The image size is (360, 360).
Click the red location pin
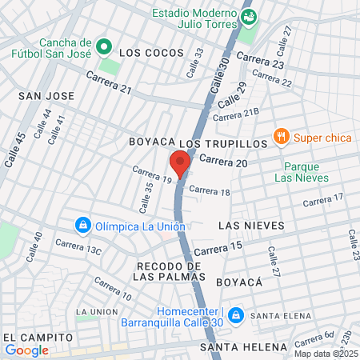pyautogui.click(x=180, y=163)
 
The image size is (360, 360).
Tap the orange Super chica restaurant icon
pyautogui.click(x=280, y=137)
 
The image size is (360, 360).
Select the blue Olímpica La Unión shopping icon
pyautogui.click(x=82, y=226)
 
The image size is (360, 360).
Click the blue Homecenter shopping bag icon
pyautogui.click(x=234, y=315)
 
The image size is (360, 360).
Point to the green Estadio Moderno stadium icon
pyautogui.click(x=250, y=15)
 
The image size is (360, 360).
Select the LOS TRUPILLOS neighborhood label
pyautogui.click(x=223, y=142)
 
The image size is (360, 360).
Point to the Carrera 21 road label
pyautogui.click(x=109, y=82)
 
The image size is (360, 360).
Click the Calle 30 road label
pyautogui.click(x=222, y=76)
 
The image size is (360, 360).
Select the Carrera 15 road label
pyautogui.click(x=217, y=250)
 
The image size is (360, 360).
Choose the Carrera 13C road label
pyautogui.click(x=78, y=246)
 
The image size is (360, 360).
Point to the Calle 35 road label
pyautogui.click(x=146, y=198)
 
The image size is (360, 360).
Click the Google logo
pyautogui.click(x=27, y=350)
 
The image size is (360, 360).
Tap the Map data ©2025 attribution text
pyautogui.click(x=324, y=354)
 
